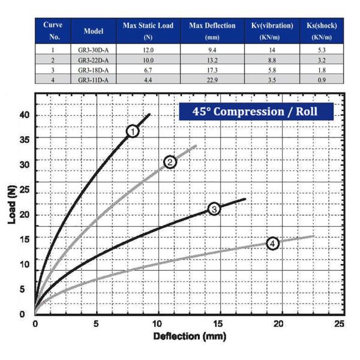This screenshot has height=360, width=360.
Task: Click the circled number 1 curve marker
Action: [133, 131]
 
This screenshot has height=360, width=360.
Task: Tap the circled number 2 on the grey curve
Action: [170, 162]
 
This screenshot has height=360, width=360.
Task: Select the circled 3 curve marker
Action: [214, 208]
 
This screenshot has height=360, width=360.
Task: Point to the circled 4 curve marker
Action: [272, 243]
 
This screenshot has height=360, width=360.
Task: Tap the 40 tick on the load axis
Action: [24, 115]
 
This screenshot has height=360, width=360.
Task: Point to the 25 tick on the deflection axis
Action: [340, 323]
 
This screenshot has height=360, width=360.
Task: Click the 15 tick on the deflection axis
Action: [218, 323]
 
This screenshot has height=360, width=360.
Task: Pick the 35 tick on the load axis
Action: [24, 137]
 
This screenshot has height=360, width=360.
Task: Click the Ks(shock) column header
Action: [322, 31]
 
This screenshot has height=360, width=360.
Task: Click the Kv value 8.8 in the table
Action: [272, 61]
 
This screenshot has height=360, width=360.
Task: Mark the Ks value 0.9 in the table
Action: [322, 80]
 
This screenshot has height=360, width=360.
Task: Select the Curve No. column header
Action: [53, 31]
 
